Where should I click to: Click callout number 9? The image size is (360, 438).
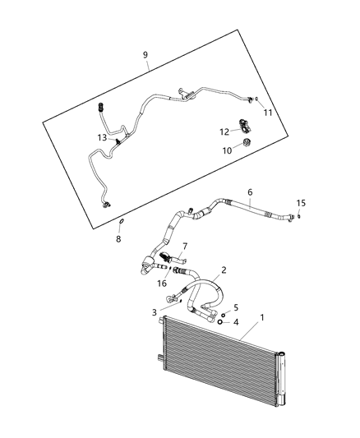[x=145, y=57]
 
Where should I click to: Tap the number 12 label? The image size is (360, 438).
[x=224, y=131]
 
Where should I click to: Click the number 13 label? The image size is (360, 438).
[x=101, y=137]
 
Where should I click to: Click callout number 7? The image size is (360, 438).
[x=185, y=246]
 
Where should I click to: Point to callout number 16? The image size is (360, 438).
[x=162, y=283]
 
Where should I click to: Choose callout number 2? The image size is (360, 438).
[x=223, y=269]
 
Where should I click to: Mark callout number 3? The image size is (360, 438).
[x=154, y=312]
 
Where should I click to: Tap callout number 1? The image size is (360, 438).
[x=263, y=316]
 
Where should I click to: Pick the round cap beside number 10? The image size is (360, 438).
[x=246, y=146]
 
